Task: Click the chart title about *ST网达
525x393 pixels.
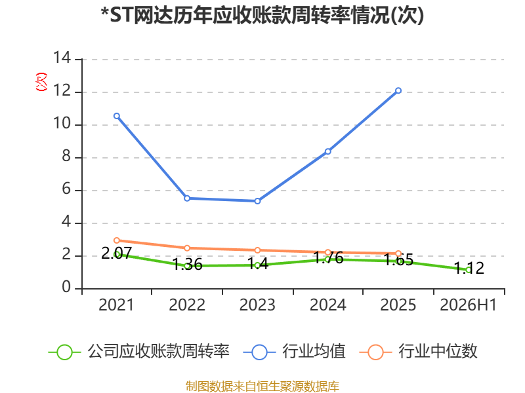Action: click(x=262, y=15)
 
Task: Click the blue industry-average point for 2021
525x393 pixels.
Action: click(x=117, y=116)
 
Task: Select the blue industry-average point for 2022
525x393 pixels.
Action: click(x=187, y=198)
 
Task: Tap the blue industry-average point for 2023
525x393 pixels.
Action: click(x=257, y=201)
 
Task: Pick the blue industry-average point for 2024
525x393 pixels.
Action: click(x=327, y=151)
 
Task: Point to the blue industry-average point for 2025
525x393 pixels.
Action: click(x=398, y=90)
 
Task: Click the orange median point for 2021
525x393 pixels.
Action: click(x=117, y=240)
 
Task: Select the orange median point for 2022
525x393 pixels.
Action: click(x=187, y=248)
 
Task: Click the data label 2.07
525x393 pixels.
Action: click(x=117, y=253)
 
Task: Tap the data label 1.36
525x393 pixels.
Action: click(x=188, y=265)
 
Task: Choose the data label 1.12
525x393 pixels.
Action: click(x=469, y=268)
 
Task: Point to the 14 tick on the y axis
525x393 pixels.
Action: click(x=62, y=58)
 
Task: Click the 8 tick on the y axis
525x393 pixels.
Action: click(x=66, y=156)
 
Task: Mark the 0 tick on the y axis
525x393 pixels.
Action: click(x=66, y=287)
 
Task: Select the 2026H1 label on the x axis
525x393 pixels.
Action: click(x=468, y=305)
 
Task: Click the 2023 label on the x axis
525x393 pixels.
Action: click(x=257, y=305)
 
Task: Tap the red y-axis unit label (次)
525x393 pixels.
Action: click(x=41, y=82)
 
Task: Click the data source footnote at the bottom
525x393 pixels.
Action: click(x=262, y=386)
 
